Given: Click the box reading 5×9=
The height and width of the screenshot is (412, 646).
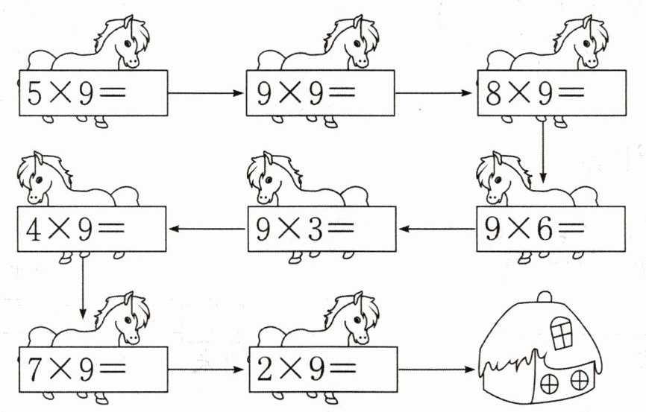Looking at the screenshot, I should [x=92, y=93].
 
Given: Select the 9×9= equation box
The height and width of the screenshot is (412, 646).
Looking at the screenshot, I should [x=319, y=93].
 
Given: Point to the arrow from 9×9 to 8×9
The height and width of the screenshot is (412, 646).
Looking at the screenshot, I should [x=435, y=94].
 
